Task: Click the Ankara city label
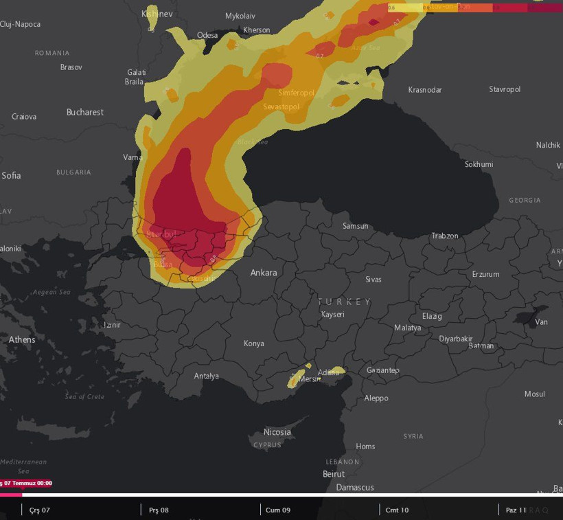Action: [264, 273]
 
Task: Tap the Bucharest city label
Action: [85, 112]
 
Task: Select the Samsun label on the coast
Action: [356, 226]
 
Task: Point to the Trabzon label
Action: [445, 236]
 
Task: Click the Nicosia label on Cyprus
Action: [277, 432]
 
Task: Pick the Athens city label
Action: [22, 339]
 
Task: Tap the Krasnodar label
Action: [425, 90]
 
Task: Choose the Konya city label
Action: [254, 343]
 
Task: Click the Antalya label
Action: [207, 376]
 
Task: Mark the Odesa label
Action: [207, 35]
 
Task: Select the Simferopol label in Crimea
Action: [296, 93]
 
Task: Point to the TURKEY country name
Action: [344, 302]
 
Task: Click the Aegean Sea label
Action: [51, 293]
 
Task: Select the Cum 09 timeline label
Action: [277, 510]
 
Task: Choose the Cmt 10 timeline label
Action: [397, 510]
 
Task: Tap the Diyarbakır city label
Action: [456, 339]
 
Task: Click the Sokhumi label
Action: [479, 164]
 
